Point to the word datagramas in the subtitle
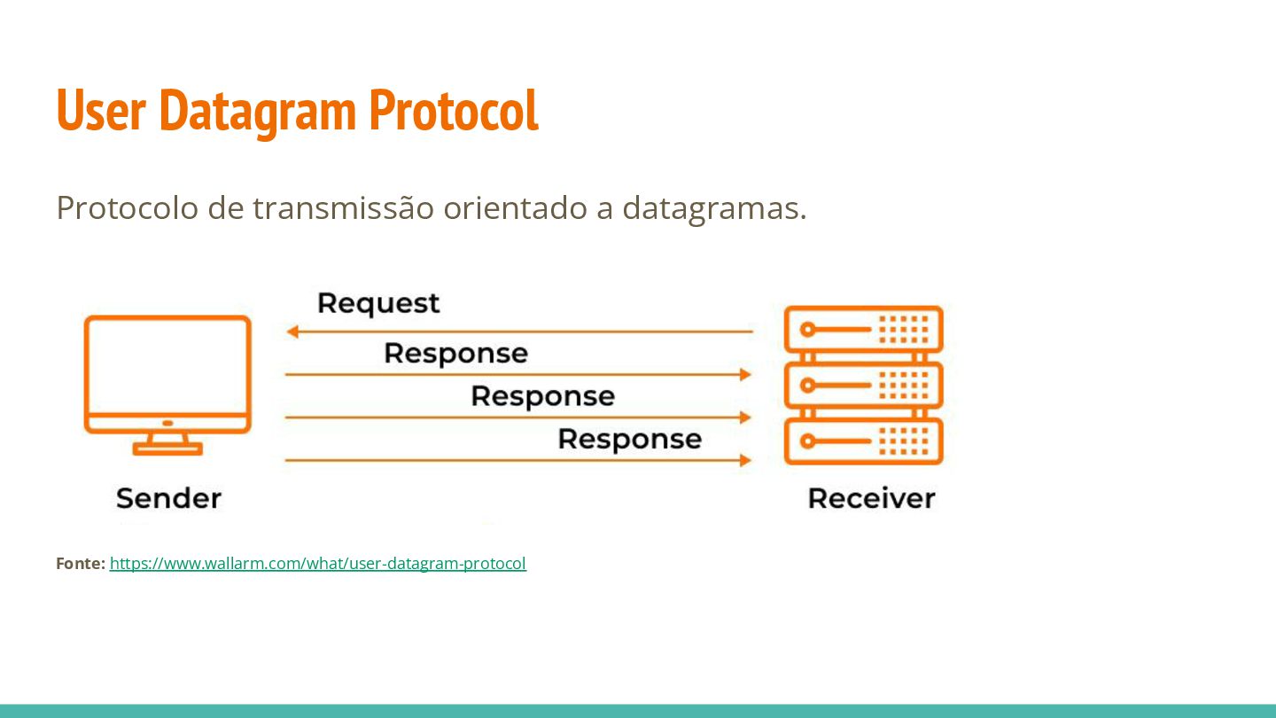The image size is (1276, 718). click(x=714, y=207)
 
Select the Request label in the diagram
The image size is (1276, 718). click(x=378, y=303)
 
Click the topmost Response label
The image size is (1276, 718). click(x=455, y=354)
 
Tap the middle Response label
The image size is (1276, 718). click(x=542, y=396)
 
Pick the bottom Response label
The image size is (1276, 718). click(x=629, y=439)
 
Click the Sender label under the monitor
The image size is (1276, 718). click(x=168, y=498)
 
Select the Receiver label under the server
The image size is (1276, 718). click(x=871, y=498)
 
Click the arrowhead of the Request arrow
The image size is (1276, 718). click(x=292, y=332)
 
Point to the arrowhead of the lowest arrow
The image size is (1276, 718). click(x=745, y=460)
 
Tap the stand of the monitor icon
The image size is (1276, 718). click(x=167, y=443)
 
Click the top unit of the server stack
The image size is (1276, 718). click(x=863, y=330)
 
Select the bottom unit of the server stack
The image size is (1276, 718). click(x=863, y=441)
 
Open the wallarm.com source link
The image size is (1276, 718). click(x=317, y=564)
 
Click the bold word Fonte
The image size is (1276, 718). click(x=80, y=564)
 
